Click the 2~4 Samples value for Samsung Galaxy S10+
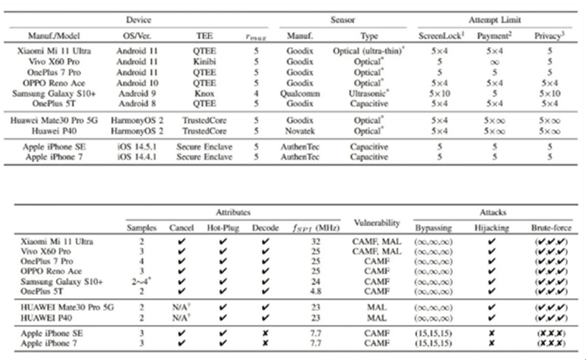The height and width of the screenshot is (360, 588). tap(142, 280)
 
